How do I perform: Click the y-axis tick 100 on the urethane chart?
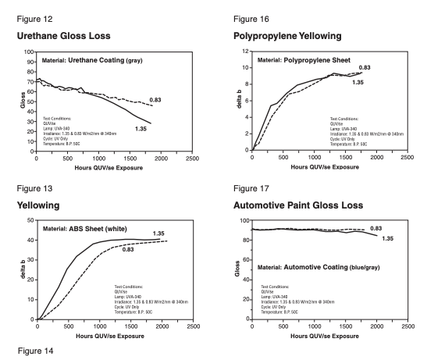click(x=29, y=52)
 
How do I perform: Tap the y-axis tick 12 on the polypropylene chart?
click(x=244, y=52)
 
